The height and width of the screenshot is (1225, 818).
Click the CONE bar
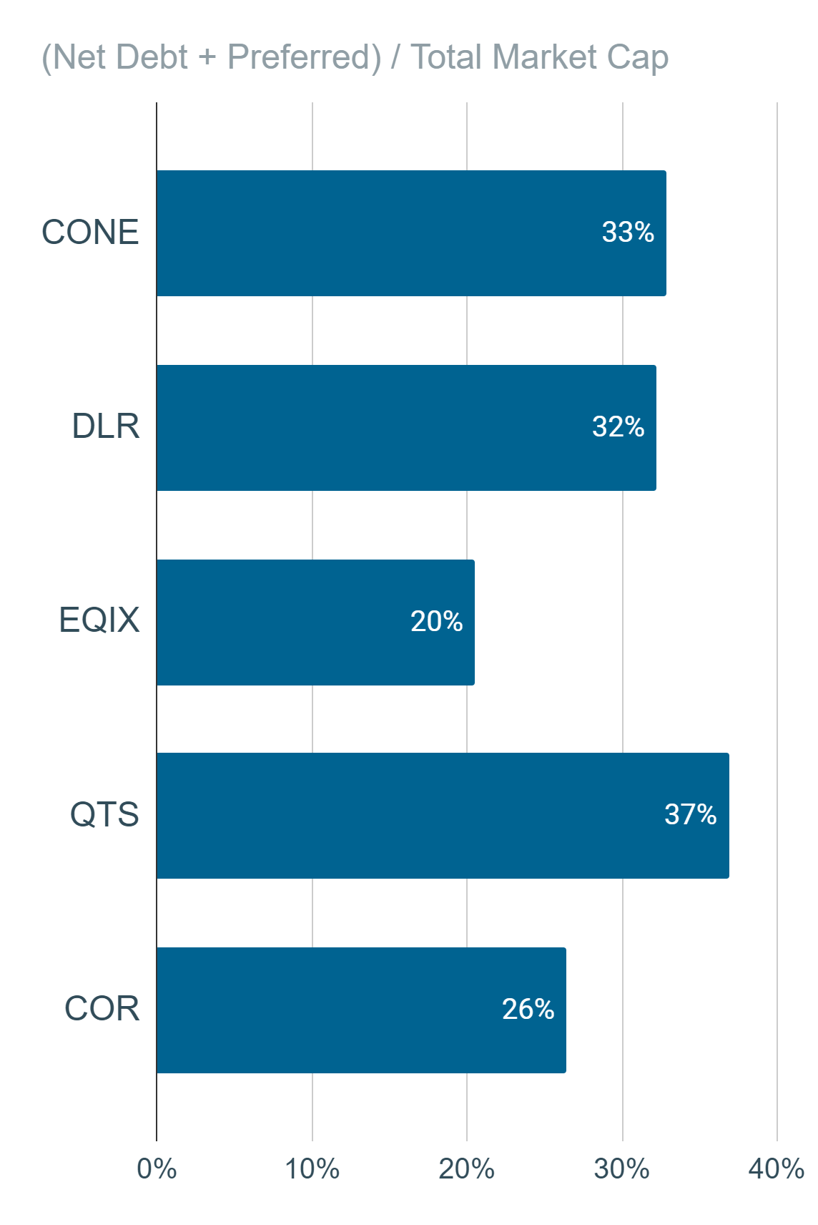click(411, 233)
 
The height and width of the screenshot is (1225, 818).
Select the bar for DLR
click(406, 428)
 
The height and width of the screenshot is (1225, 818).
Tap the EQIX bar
click(315, 623)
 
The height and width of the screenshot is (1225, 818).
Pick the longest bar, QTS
click(443, 816)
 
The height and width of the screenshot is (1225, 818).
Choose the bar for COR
click(361, 1010)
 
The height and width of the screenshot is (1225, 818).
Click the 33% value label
click(628, 232)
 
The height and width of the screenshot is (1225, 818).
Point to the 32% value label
click(618, 426)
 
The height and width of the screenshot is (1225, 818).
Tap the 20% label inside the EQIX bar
click(437, 621)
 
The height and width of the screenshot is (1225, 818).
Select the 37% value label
click(691, 814)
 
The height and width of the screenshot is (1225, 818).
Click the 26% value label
click(528, 1009)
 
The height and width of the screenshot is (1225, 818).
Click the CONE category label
click(90, 232)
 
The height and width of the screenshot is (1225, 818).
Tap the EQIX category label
click(99, 620)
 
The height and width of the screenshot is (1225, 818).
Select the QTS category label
click(104, 814)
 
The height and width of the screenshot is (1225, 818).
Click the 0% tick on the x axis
click(157, 1169)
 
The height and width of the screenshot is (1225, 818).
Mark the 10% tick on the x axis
click(312, 1169)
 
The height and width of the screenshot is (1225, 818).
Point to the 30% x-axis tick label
click(622, 1169)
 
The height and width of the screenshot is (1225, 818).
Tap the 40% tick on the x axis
click(777, 1169)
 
